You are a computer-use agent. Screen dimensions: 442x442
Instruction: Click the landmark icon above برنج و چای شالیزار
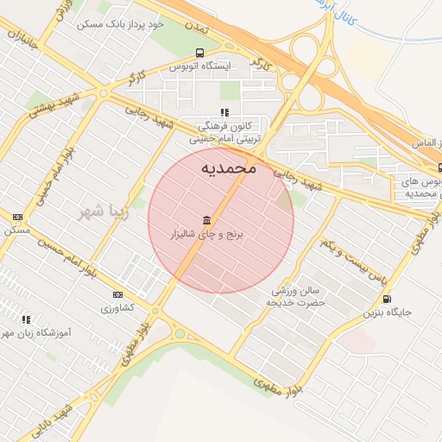[x=206, y=220]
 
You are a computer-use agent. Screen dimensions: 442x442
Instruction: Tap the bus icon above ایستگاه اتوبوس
[x=200, y=53]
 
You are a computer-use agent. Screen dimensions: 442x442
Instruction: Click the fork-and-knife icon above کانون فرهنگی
[x=224, y=112]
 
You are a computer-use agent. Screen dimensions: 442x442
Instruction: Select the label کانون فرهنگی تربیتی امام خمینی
[x=225, y=131]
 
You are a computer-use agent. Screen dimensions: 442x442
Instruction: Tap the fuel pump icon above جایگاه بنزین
[x=386, y=300]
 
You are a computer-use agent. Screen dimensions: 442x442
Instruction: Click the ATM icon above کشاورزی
[x=118, y=294]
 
